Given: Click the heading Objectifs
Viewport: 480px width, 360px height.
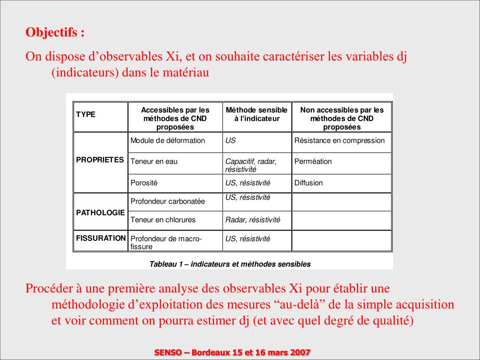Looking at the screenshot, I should coord(55,33).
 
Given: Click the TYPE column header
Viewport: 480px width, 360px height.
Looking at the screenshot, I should coord(86,114).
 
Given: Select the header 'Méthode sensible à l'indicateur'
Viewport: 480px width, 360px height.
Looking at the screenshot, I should coord(257,114).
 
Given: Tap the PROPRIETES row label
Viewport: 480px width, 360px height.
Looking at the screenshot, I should coord(100,160).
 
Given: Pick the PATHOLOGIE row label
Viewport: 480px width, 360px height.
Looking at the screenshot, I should coord(100,212).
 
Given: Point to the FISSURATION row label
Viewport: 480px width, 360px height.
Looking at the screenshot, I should coord(101,238).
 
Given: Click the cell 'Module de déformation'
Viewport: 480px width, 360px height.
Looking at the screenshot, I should coord(168,141).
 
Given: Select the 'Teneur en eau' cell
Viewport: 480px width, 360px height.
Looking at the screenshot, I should coord(154,161).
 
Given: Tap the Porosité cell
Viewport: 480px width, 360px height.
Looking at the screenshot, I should coord(144,183).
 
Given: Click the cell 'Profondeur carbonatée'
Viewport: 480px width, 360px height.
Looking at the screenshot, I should coord(168,202).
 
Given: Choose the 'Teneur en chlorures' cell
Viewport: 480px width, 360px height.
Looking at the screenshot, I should coord(163,219).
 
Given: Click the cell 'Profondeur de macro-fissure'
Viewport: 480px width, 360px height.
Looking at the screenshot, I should coord(166,242).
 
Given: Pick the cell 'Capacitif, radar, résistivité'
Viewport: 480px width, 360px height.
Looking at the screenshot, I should coord(251,165).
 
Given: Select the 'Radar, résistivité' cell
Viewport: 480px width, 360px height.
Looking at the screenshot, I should coord(253,219).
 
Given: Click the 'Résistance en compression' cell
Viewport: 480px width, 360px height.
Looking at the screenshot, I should coord(339,141).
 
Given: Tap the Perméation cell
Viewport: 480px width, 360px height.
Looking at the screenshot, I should coord(313,161).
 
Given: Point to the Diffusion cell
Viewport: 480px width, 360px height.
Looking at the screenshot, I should coord(308,183).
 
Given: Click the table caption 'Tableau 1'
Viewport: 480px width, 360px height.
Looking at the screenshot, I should coord(230,264).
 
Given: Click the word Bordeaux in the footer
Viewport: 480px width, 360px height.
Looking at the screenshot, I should coord(212,352).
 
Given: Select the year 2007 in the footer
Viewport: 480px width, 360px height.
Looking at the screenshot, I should coord(300,352).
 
